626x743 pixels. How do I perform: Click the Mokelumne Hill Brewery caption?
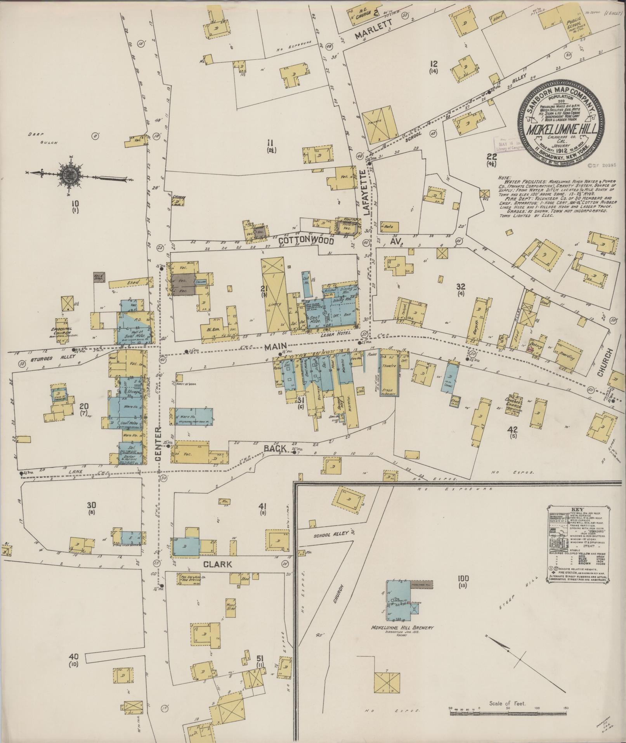pyautogui.click(x=402, y=628)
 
